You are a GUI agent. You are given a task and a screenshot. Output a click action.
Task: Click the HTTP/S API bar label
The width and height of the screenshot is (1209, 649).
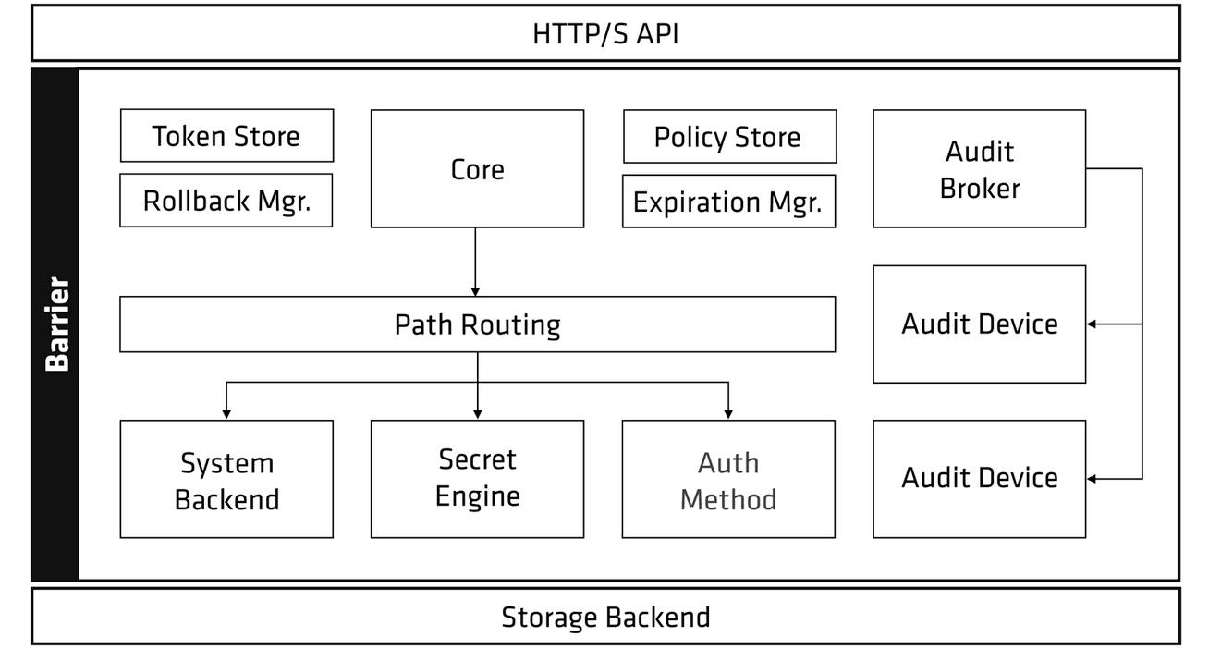(605, 34)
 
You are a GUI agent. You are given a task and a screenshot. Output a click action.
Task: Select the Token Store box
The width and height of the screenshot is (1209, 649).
(226, 136)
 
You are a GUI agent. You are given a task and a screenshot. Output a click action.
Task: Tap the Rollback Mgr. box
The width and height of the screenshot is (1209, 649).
(226, 201)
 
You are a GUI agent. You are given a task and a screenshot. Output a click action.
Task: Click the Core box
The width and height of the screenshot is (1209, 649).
(477, 169)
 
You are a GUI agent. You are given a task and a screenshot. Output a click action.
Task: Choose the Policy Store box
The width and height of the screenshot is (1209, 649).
(728, 137)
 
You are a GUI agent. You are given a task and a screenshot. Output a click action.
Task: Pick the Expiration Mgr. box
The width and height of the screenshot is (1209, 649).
(728, 202)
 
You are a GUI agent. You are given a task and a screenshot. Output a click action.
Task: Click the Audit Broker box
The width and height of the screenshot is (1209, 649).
(979, 169)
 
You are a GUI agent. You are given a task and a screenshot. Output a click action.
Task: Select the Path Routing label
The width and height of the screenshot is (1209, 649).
(477, 324)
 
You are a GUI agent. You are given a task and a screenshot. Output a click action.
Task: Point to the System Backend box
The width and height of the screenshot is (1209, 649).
(226, 480)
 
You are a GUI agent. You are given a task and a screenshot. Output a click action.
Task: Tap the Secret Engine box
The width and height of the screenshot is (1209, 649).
(477, 478)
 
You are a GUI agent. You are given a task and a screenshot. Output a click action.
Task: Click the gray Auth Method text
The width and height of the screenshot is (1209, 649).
(728, 481)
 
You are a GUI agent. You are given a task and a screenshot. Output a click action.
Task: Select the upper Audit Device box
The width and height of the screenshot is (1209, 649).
(979, 324)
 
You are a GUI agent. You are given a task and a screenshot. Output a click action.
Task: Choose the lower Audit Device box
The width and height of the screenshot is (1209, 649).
(979, 478)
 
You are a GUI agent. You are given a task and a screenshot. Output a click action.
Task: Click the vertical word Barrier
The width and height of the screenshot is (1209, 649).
(56, 324)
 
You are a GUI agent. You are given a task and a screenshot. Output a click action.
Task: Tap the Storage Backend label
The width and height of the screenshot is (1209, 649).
(605, 617)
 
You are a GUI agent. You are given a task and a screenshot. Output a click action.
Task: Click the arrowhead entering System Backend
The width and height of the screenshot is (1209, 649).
(226, 413)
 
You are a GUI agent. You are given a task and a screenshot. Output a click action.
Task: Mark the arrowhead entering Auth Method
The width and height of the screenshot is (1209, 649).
(728, 413)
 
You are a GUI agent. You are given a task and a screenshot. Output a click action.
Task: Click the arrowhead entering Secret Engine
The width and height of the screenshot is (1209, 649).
(477, 413)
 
